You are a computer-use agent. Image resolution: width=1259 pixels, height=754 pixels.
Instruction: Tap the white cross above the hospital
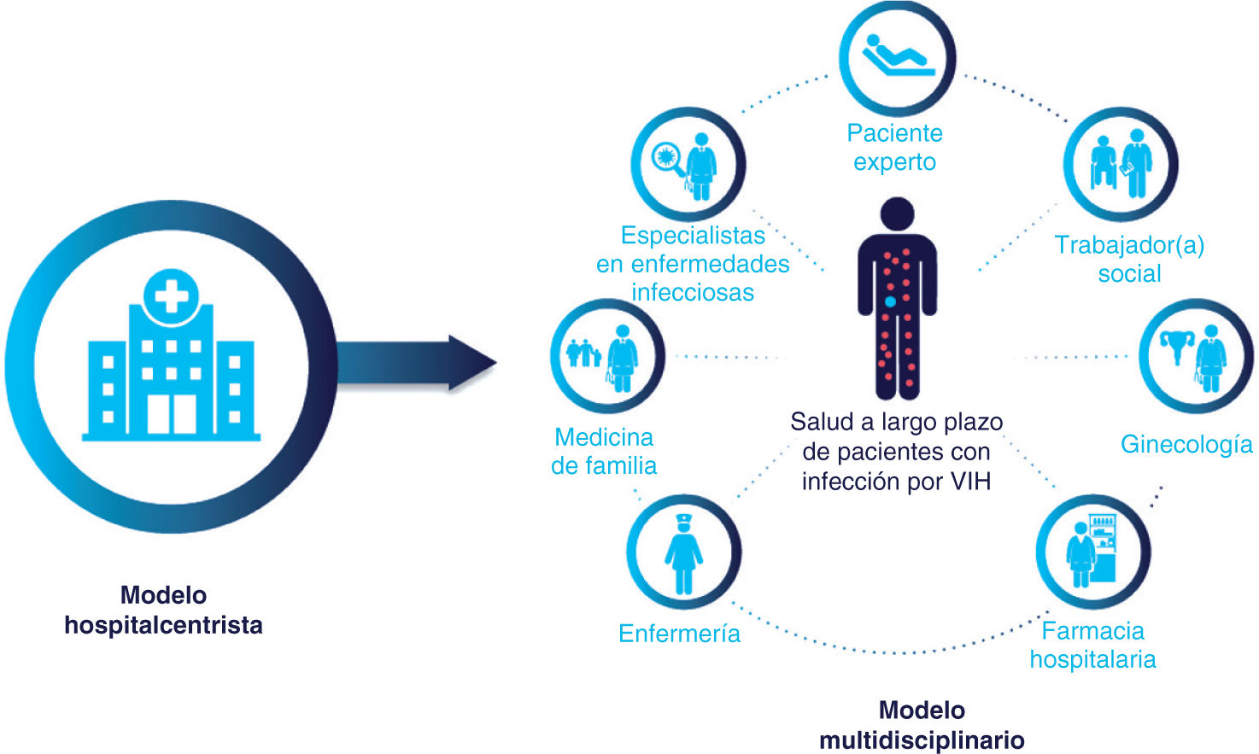tap(171, 295)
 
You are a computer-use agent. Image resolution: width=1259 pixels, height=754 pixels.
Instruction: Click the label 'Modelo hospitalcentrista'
tap(163, 610)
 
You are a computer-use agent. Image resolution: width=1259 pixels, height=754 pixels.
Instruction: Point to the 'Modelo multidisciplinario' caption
tap(922, 725)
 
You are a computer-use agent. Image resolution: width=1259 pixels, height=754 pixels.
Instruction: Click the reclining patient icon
tap(897, 57)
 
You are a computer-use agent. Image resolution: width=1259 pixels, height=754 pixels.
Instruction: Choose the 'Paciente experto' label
tap(894, 147)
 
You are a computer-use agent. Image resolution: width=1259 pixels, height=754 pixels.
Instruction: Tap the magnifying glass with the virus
tap(667, 159)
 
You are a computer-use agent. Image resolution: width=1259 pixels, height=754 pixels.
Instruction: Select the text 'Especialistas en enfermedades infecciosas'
tap(693, 263)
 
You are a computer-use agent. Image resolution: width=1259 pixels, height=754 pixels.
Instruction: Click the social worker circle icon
tap(1121, 163)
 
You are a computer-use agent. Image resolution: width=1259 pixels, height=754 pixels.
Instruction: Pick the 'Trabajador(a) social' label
tap(1129, 259)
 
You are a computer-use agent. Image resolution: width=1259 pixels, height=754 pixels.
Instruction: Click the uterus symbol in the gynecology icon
tap(1176, 345)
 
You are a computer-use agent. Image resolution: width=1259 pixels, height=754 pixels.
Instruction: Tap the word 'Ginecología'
tap(1186, 444)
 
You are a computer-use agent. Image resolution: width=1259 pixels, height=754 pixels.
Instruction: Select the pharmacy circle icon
tap(1093, 552)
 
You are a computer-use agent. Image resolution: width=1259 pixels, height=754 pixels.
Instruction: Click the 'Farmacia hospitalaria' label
tap(1092, 645)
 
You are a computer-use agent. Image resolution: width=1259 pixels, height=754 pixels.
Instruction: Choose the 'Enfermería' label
tap(679, 634)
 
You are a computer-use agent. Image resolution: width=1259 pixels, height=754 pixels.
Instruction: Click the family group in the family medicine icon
tap(583, 352)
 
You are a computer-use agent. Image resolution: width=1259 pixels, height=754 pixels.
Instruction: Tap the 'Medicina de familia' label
tap(604, 451)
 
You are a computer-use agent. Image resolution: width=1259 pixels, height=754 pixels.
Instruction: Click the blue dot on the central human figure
tap(890, 301)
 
